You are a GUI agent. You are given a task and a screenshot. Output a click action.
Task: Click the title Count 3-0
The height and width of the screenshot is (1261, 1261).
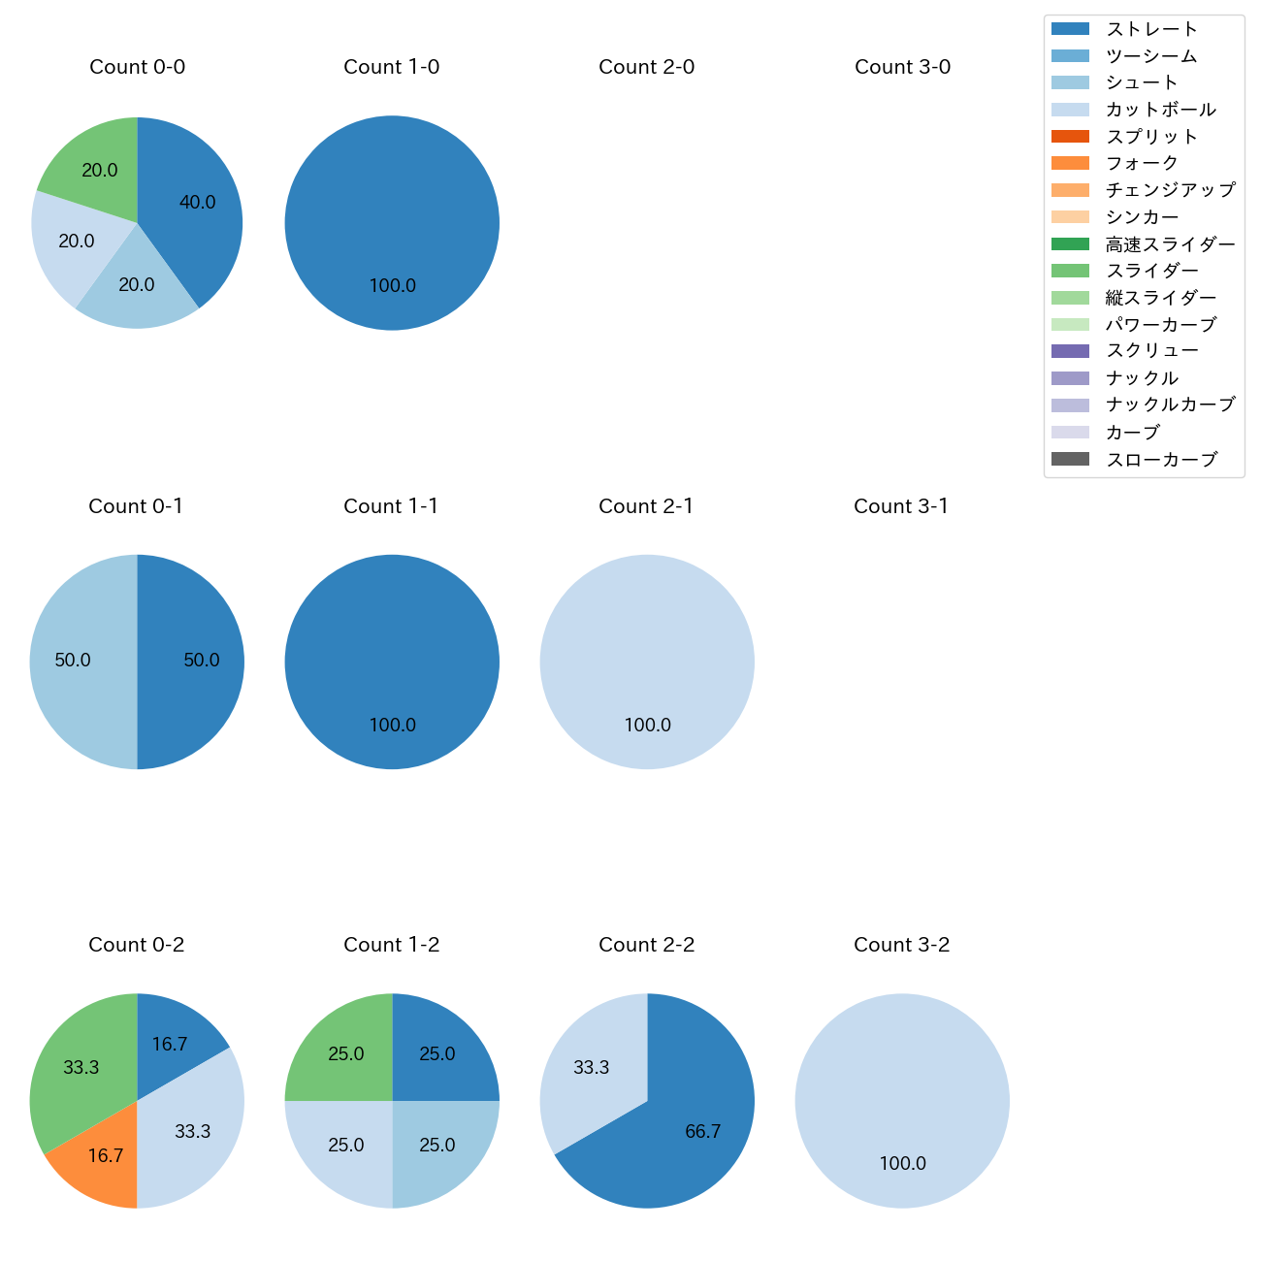click(902, 67)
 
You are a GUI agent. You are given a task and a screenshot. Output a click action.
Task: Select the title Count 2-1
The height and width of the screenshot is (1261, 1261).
click(646, 506)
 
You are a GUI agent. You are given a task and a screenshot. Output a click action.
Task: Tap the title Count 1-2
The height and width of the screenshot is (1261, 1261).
click(391, 945)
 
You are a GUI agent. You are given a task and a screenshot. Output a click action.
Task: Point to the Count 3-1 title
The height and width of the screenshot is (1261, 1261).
click(901, 506)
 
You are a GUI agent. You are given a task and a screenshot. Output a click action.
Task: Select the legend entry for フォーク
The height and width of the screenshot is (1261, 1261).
click(1142, 163)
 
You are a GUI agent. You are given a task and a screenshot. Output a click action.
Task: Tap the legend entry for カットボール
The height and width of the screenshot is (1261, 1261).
click(1160, 110)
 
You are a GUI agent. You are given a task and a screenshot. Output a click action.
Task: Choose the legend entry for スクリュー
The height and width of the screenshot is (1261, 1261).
click(1152, 351)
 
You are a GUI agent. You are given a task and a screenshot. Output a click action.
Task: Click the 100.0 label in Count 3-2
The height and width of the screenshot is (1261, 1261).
click(902, 1163)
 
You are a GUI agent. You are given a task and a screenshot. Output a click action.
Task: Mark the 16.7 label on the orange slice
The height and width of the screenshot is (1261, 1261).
click(105, 1155)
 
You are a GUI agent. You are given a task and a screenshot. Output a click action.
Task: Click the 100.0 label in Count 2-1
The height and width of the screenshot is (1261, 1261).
click(647, 725)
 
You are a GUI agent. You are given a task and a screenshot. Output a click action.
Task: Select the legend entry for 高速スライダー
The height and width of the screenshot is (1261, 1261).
click(1170, 244)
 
